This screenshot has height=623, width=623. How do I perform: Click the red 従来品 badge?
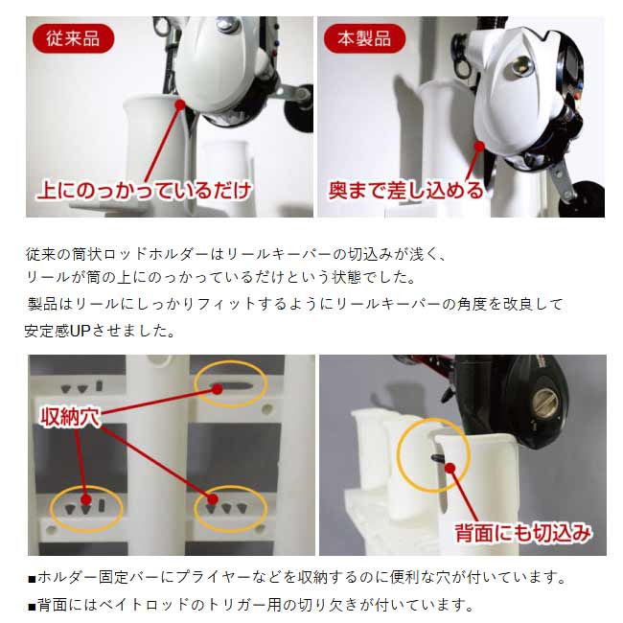click(73, 38)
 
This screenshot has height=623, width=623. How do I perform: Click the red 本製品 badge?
click(365, 38)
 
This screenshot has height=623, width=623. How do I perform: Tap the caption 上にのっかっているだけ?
click(145, 190)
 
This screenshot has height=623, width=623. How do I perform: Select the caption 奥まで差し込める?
click(405, 190)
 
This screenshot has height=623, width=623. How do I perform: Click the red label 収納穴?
click(70, 416)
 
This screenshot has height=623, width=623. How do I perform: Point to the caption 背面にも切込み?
click(523, 532)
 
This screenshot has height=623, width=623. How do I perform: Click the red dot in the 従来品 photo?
click(180, 104)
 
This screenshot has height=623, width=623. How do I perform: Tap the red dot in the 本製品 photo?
click(479, 147)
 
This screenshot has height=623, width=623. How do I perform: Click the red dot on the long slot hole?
click(217, 389)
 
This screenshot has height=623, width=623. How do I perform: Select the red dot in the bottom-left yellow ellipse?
click(86, 499)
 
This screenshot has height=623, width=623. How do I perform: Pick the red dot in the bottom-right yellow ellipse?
click(213, 499)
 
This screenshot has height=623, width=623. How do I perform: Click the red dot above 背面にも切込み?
click(450, 468)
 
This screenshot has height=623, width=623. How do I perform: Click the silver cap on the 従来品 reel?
click(228, 25)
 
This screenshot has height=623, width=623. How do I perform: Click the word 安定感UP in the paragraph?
click(58, 331)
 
